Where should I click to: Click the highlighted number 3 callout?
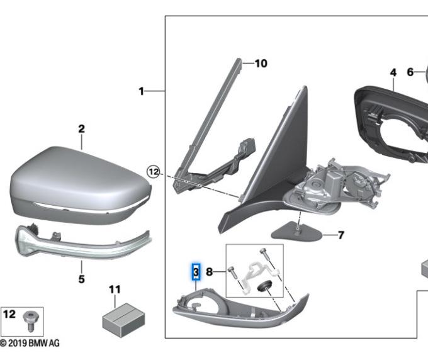(x=196, y=272)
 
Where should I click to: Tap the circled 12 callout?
(x=154, y=172)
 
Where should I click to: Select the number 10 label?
(x=261, y=64)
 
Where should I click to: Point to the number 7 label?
(x=341, y=235)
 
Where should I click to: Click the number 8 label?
(x=209, y=272)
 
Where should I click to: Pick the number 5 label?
(x=81, y=279)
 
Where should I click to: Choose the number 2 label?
(x=81, y=129)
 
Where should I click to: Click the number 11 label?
(x=115, y=290)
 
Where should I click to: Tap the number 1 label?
(x=141, y=91)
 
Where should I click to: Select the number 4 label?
(x=393, y=72)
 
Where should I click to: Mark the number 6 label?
(x=410, y=72)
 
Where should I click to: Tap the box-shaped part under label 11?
(x=123, y=320)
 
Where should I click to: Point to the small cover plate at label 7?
(x=296, y=232)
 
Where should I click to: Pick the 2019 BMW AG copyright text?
(x=30, y=343)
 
